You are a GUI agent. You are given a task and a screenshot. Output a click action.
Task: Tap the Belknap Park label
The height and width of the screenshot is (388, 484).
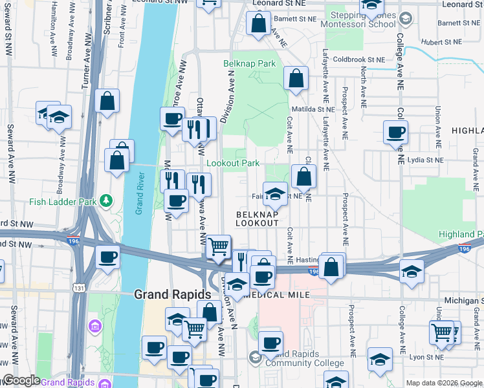click(x=249, y=63)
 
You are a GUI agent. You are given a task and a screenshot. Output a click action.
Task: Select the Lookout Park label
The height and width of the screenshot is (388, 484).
click(x=232, y=164)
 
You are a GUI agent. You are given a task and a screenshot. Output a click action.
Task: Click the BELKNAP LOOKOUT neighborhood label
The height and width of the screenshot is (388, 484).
click(x=257, y=218)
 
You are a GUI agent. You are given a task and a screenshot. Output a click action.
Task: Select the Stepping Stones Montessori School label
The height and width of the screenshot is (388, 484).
click(x=363, y=19)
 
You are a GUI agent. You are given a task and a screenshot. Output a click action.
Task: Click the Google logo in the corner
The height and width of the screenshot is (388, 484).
click(x=21, y=380)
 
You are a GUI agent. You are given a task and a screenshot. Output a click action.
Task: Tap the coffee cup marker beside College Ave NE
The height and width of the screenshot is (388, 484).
click(x=395, y=133)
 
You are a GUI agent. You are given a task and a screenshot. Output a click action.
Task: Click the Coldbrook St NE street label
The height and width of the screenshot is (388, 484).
click(x=359, y=59)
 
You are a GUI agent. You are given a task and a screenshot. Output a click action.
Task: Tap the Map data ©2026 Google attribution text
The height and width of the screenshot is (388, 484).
click(x=443, y=383)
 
